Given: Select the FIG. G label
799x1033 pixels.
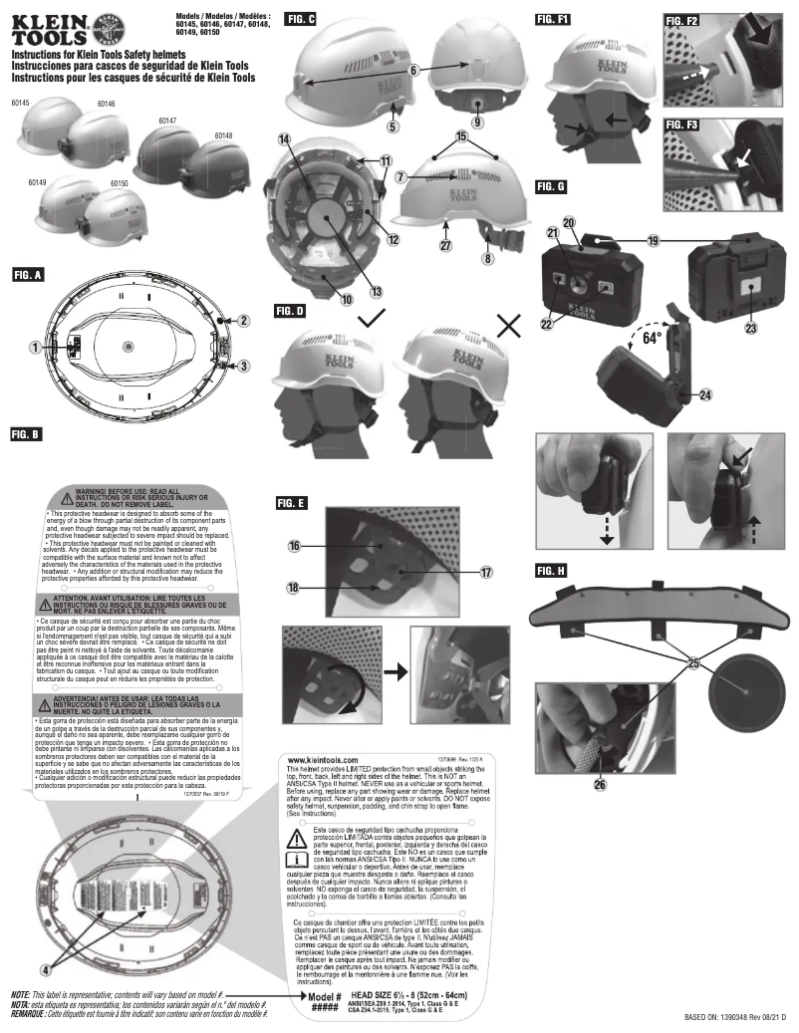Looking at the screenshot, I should tap(551, 186).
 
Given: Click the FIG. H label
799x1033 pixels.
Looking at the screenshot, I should tap(551, 571).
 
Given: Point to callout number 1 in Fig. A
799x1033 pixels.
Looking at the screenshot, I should tap(36, 347).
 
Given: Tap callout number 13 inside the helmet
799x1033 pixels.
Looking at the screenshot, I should tap(348, 292).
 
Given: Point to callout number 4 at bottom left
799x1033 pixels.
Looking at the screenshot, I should tap(44, 967).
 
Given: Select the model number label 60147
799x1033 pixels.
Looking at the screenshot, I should tap(168, 121).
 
